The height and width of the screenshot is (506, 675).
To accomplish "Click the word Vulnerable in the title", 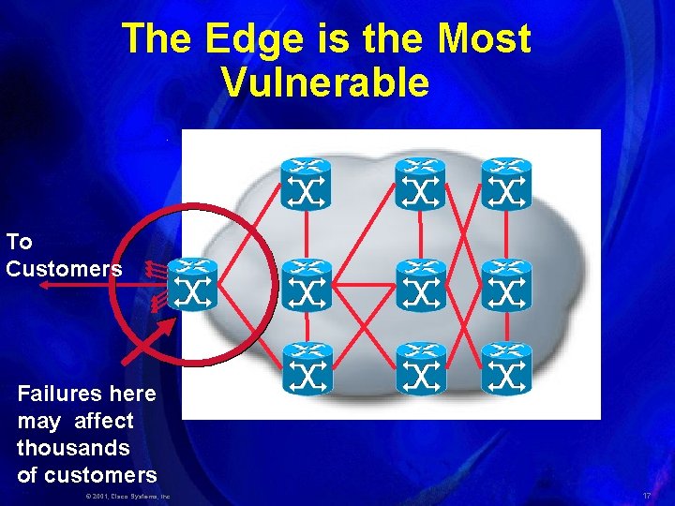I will click(x=325, y=82).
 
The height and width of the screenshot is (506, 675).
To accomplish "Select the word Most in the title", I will click(x=484, y=39).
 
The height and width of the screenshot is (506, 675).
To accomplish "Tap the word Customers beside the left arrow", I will click(x=64, y=269).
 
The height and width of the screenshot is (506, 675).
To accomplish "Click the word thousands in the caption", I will click(x=73, y=447).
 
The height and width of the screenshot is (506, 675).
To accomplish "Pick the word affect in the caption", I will click(x=103, y=421).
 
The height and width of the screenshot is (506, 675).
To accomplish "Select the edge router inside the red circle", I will click(x=193, y=286).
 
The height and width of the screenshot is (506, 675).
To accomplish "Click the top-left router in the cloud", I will click(x=307, y=184).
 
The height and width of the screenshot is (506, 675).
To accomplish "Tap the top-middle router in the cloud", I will click(x=420, y=184).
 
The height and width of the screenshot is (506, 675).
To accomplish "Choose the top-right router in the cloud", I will click(x=506, y=184).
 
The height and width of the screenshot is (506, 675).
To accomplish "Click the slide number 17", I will click(x=647, y=494).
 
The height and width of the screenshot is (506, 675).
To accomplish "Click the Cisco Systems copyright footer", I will click(x=127, y=495).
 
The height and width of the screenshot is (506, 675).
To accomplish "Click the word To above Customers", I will click(x=19, y=242).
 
